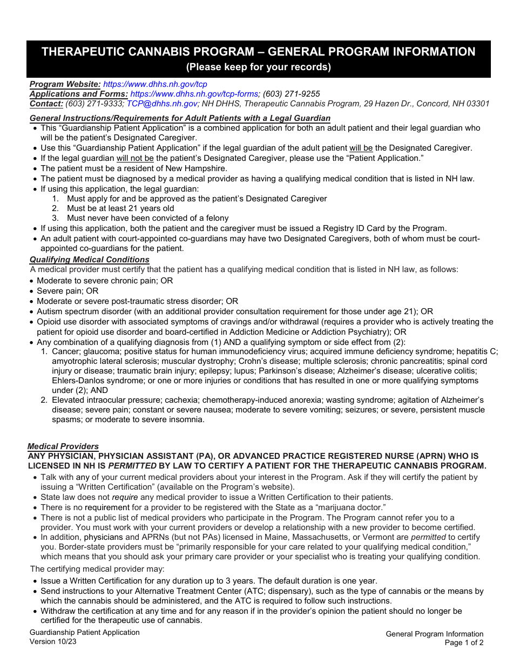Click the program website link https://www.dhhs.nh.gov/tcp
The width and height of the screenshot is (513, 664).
point(155,84)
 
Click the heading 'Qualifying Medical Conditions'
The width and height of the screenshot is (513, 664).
point(89,260)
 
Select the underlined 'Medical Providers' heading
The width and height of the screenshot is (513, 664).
point(63,446)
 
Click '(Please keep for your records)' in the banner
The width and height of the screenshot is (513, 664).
point(258,67)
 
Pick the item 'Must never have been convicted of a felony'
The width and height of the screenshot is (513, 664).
point(147,218)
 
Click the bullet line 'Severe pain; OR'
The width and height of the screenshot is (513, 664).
point(67,291)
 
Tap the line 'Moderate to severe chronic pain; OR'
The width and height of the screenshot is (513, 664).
point(105,281)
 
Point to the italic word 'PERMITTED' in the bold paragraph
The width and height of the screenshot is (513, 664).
point(132,466)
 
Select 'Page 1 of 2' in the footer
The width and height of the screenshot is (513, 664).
point(464,643)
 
